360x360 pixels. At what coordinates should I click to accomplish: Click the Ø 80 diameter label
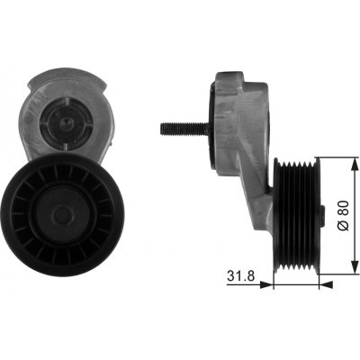344,216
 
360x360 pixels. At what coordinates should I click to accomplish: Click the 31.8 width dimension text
240,275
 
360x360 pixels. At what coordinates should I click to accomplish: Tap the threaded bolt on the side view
184,129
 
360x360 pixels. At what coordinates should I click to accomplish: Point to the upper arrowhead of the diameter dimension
355,165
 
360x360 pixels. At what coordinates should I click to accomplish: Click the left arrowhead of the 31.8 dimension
266,284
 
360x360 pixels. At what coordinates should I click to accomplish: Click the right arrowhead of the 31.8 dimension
326,284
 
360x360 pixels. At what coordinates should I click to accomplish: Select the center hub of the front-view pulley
62,214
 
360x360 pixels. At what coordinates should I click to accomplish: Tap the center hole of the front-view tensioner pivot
65,122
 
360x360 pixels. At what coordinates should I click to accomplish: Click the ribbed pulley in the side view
297,216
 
